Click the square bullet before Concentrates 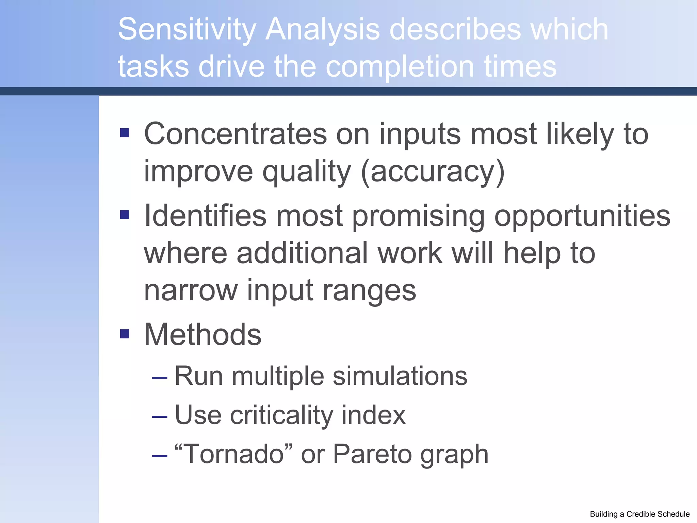[x=125, y=133]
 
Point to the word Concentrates [x=235, y=134]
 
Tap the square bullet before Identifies [x=125, y=215]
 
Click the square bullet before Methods [x=125, y=334]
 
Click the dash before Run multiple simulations [x=160, y=378]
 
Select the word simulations [x=400, y=377]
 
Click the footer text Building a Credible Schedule [x=639, y=514]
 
